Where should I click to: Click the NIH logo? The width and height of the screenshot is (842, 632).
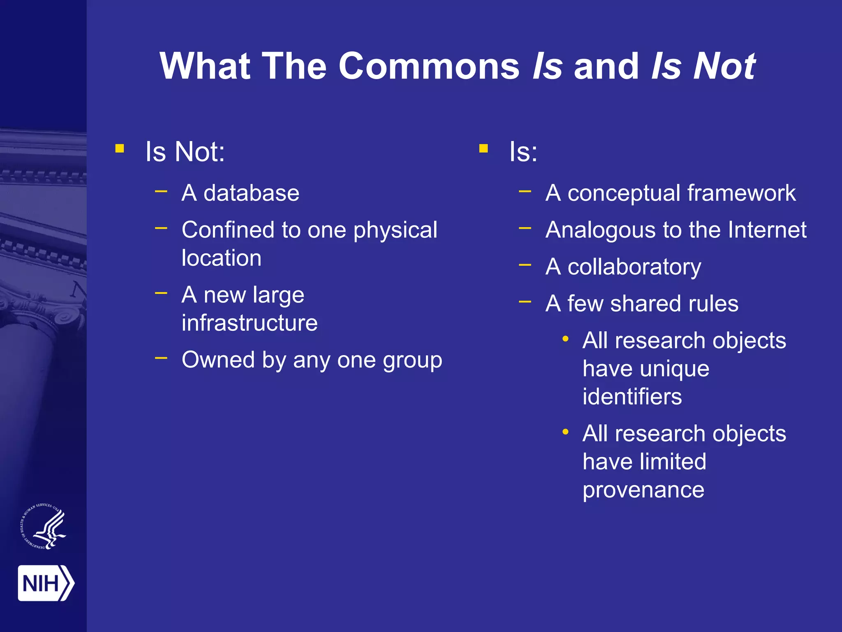[x=46, y=583]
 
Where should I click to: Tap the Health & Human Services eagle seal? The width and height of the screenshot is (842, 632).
[x=44, y=526]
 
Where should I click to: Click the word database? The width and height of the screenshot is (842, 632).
[x=251, y=193]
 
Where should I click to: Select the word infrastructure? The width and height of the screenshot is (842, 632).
[x=250, y=323]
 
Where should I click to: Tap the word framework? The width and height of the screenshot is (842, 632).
[x=741, y=193]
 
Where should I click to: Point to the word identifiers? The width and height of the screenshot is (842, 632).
[x=632, y=397]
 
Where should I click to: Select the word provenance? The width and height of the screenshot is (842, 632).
[x=643, y=490]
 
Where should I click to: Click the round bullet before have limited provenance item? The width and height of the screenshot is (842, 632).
[x=566, y=432]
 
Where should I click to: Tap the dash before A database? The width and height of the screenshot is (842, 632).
[x=161, y=191]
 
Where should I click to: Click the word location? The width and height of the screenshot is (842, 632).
[x=222, y=258]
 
